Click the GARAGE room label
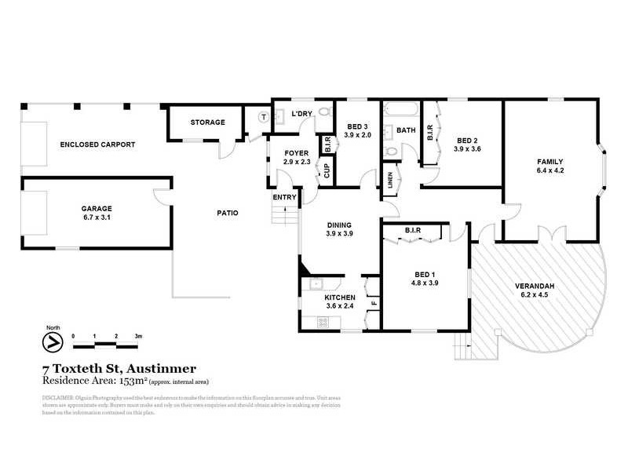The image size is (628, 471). (x=97, y=209)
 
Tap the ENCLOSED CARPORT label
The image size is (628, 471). (x=98, y=144)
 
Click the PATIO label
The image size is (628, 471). (x=228, y=213)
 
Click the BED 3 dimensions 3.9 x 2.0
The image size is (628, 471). (x=357, y=135)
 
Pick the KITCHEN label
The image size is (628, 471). (x=340, y=298)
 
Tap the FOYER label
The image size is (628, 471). (x=296, y=153)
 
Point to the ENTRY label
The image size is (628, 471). (x=284, y=197)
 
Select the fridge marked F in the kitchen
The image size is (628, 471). (x=374, y=302)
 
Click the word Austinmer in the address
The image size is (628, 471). (x=162, y=368)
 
